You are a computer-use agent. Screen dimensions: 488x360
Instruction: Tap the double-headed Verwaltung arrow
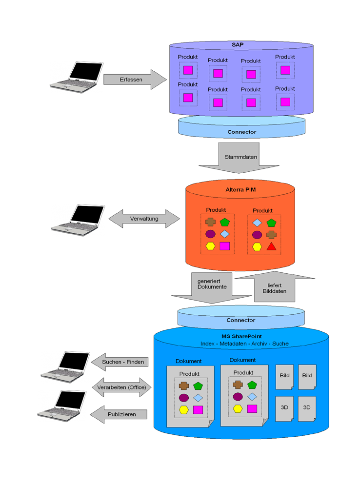point(144,219)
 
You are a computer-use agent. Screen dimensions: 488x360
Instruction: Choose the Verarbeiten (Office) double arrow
point(121,387)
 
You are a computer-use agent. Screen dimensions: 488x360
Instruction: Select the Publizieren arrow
point(121,414)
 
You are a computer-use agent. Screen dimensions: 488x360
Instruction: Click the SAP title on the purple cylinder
point(238,45)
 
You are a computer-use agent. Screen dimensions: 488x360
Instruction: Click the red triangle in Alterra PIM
point(272,246)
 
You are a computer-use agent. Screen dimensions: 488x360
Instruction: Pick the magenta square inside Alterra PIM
point(224,246)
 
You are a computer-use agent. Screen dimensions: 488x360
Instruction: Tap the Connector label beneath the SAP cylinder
point(241,132)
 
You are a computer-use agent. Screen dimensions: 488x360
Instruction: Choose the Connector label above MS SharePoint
point(240,320)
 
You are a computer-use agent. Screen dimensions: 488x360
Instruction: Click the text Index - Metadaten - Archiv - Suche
point(244,344)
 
